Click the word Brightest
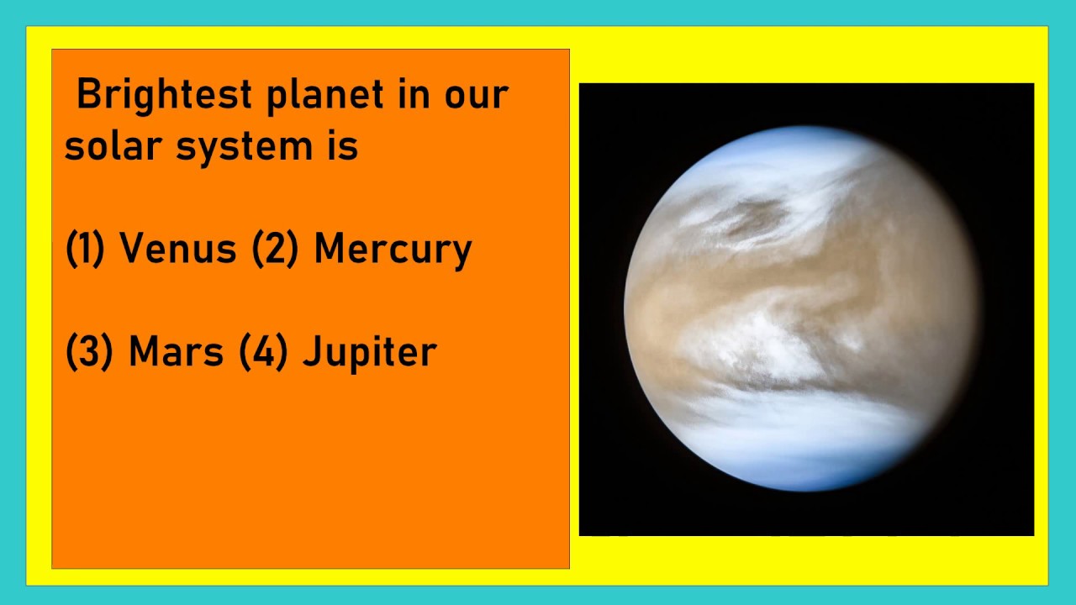pos(164,94)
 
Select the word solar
pos(112,146)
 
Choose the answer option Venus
pos(177,249)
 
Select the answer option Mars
pos(176,351)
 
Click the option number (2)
pos(276,250)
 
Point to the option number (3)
pos(89,352)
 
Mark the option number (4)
pos(263,352)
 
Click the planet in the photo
pos(803,308)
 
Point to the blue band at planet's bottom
pos(799,458)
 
